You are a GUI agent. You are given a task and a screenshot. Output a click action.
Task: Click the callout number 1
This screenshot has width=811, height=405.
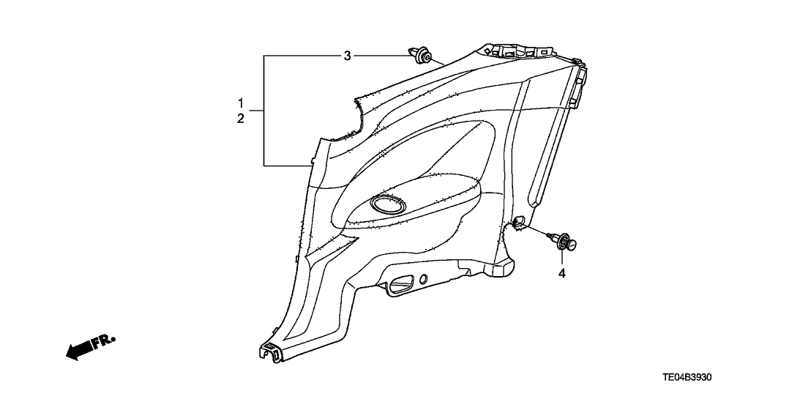tap(240, 102)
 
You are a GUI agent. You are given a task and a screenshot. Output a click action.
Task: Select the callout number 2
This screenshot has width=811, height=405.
tap(240, 119)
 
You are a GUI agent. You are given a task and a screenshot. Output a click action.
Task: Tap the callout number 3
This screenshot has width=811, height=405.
tap(348, 56)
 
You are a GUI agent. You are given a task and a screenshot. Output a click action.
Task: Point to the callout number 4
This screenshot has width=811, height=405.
tap(562, 274)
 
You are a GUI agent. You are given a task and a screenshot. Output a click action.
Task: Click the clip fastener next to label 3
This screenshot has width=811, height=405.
tap(420, 56)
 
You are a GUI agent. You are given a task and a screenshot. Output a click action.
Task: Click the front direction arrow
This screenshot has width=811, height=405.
tap(78, 352)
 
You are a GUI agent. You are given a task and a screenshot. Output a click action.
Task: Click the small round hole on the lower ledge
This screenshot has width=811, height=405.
tap(424, 279)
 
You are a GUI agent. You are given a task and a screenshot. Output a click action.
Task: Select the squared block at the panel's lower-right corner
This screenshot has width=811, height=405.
tap(504, 270)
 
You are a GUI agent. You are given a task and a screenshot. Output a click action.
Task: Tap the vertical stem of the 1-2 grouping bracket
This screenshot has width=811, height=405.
tap(265, 110)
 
